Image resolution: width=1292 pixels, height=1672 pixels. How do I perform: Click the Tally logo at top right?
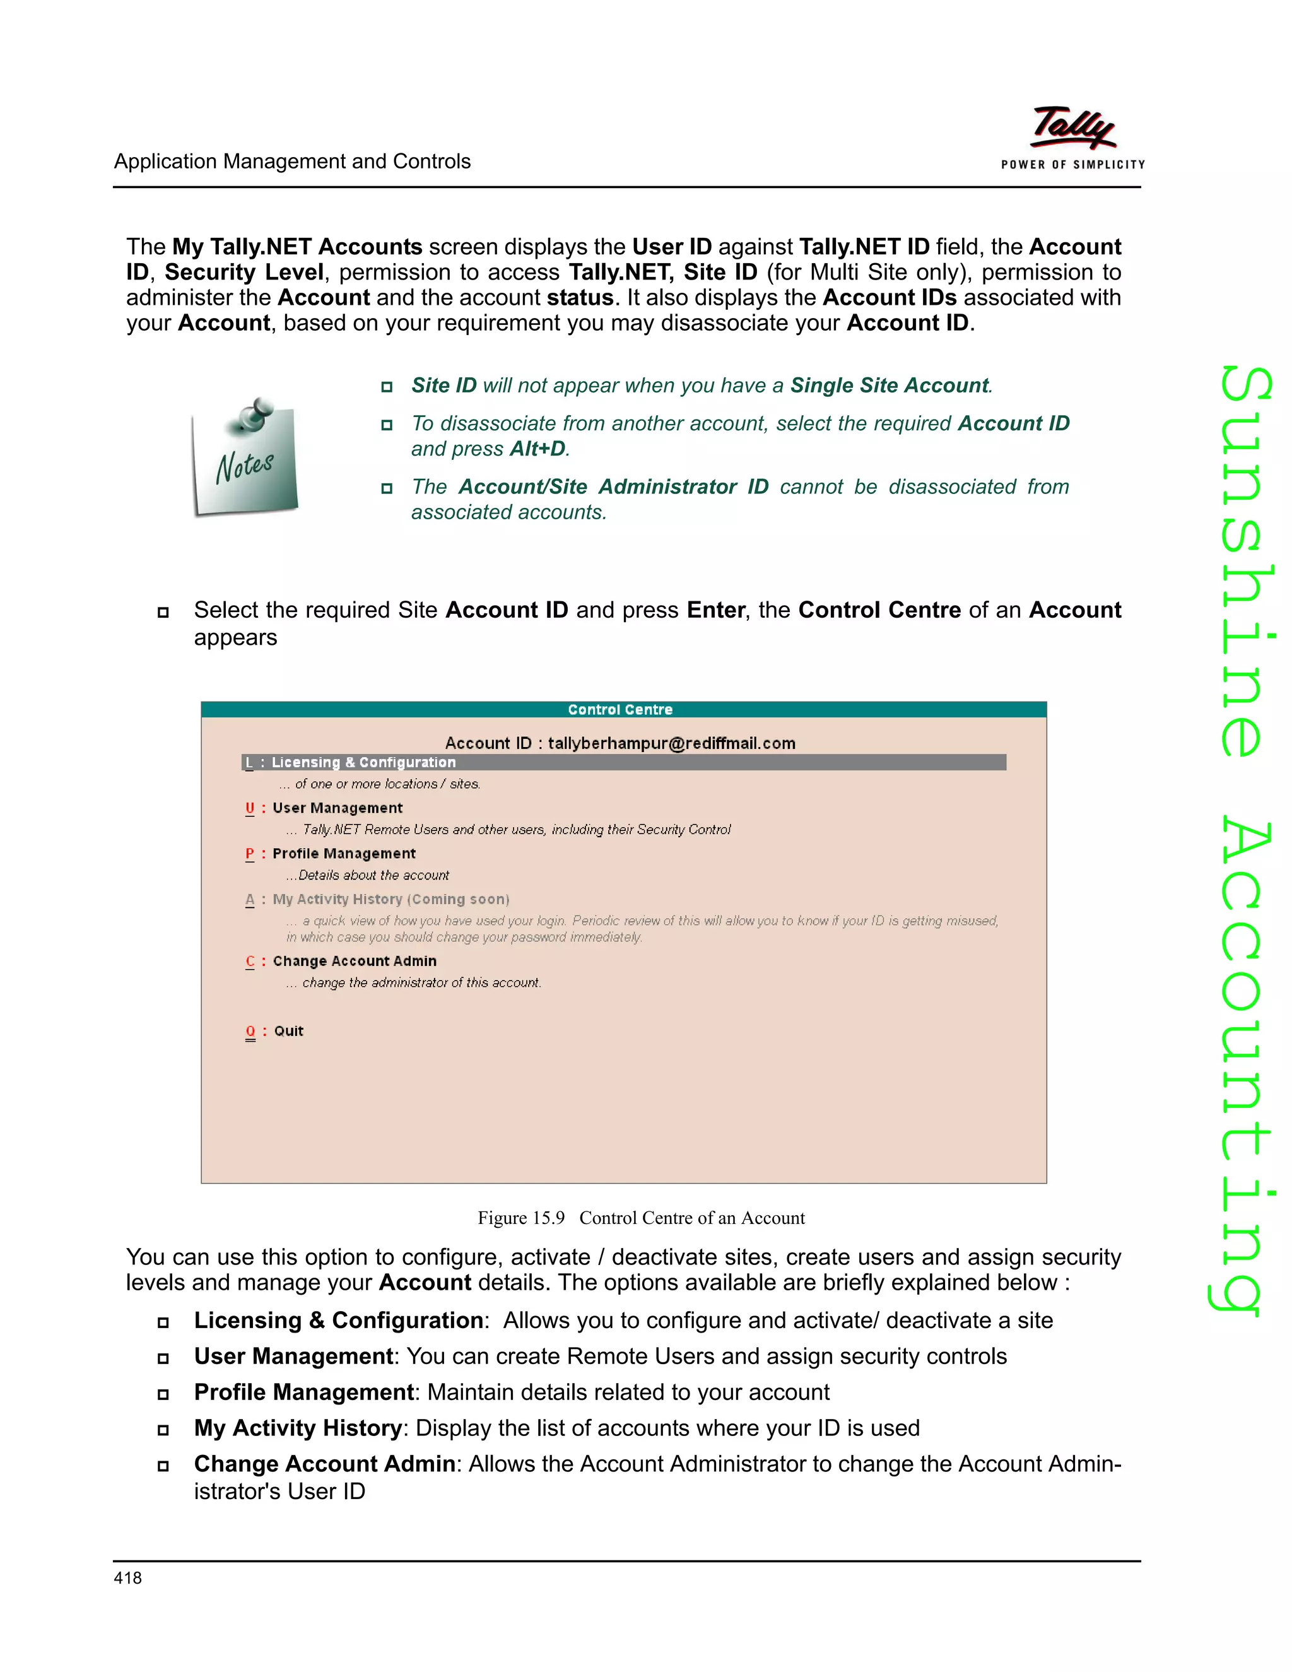pos(1073,128)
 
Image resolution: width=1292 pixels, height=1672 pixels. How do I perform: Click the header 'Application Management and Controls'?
pos(292,162)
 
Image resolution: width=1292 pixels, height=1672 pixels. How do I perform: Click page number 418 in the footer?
pos(128,1577)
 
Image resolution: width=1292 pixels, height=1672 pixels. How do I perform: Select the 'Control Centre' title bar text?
pos(620,710)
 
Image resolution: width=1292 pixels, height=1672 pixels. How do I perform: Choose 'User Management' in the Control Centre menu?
pos(337,808)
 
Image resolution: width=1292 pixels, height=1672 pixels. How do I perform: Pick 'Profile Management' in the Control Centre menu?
pos(344,854)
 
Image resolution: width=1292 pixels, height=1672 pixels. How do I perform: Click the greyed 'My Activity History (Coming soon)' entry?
pos(391,900)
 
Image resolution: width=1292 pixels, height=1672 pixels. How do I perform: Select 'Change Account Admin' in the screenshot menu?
pos(355,961)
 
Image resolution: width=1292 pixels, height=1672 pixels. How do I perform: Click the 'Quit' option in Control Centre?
pos(288,1031)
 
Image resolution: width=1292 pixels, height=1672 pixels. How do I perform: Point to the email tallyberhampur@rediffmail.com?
pos(671,743)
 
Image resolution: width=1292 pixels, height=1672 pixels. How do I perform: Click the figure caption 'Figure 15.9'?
pos(521,1218)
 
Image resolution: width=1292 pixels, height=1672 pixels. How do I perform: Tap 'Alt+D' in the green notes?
pos(537,449)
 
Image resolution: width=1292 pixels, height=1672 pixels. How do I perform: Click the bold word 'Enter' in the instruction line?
pos(715,610)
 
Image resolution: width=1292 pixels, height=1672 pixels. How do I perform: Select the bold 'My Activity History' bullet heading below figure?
pos(298,1428)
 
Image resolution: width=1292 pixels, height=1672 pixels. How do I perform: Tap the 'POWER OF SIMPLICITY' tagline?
pos(1073,165)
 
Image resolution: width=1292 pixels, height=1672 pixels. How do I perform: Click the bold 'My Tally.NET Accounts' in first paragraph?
pos(297,247)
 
